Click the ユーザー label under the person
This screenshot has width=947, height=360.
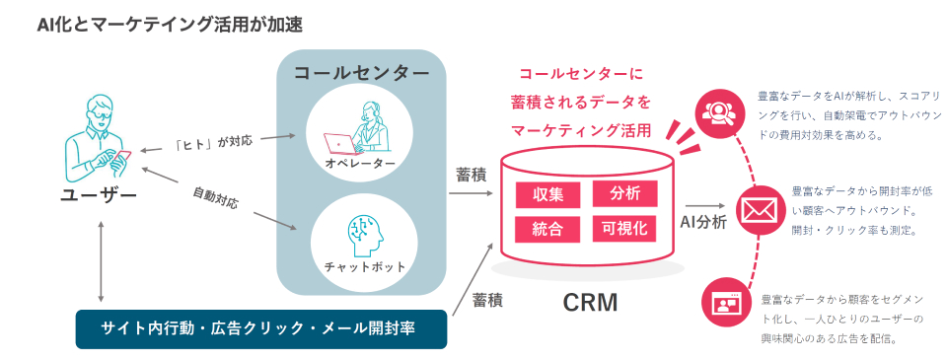99,196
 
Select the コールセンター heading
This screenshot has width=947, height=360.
361,72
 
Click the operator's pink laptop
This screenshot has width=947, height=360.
340,144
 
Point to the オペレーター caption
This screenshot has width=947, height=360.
360,165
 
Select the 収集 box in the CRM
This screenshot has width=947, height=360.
547,195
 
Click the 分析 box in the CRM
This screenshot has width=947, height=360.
625,194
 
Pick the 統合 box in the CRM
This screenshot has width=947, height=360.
547,230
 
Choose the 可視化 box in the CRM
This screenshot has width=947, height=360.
625,228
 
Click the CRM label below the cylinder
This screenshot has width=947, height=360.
590,303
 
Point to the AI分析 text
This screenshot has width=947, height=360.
703,222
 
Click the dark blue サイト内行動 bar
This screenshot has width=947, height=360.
260,329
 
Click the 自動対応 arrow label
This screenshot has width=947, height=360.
216,198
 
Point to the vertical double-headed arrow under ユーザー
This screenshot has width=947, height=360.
101,261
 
